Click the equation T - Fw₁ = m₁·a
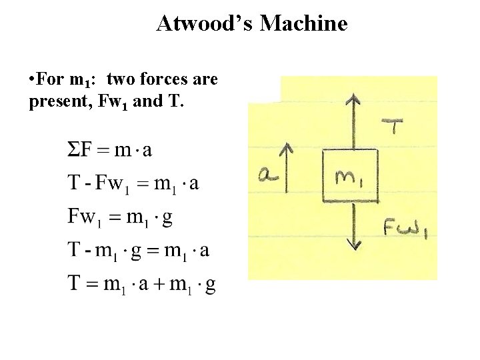(133, 183)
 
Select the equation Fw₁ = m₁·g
(120, 217)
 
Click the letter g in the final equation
(210, 286)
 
